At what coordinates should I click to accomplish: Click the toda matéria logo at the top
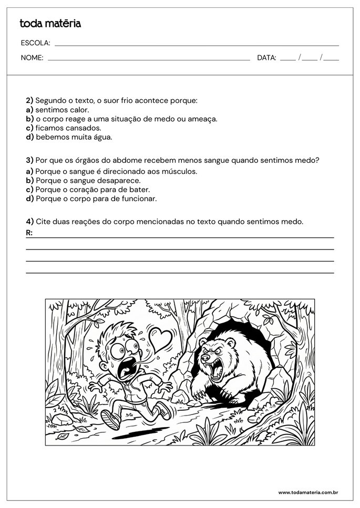tap(50, 24)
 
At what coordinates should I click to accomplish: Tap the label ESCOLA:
tap(35, 43)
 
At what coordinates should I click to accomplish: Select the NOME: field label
tap(32, 58)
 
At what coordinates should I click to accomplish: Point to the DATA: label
tap(266, 58)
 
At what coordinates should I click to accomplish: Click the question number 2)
tap(29, 100)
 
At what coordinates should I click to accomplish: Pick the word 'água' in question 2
tap(102, 137)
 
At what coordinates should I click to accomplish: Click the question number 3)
tap(29, 160)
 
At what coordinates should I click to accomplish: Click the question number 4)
tap(29, 222)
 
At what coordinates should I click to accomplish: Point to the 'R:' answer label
tap(29, 233)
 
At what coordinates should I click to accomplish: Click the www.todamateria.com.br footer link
tap(307, 492)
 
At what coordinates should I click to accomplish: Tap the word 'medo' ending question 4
tap(293, 222)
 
